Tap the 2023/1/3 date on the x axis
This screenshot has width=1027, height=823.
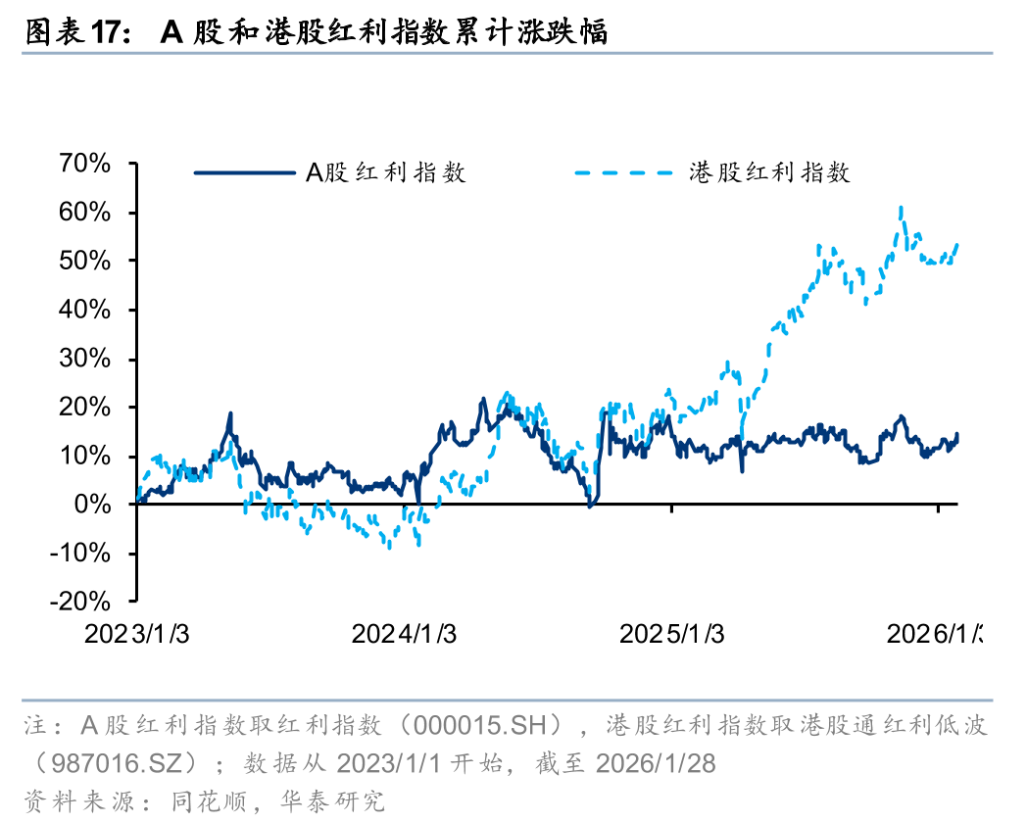click(137, 634)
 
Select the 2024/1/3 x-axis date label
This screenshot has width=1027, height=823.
click(404, 634)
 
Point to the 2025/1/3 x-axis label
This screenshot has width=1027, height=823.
click(671, 634)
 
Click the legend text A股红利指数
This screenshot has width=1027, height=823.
click(385, 173)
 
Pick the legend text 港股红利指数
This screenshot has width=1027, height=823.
click(769, 173)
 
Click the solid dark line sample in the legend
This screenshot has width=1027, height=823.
click(245, 173)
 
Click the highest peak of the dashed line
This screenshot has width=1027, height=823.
click(901, 208)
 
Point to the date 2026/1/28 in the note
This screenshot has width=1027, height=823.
click(656, 763)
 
